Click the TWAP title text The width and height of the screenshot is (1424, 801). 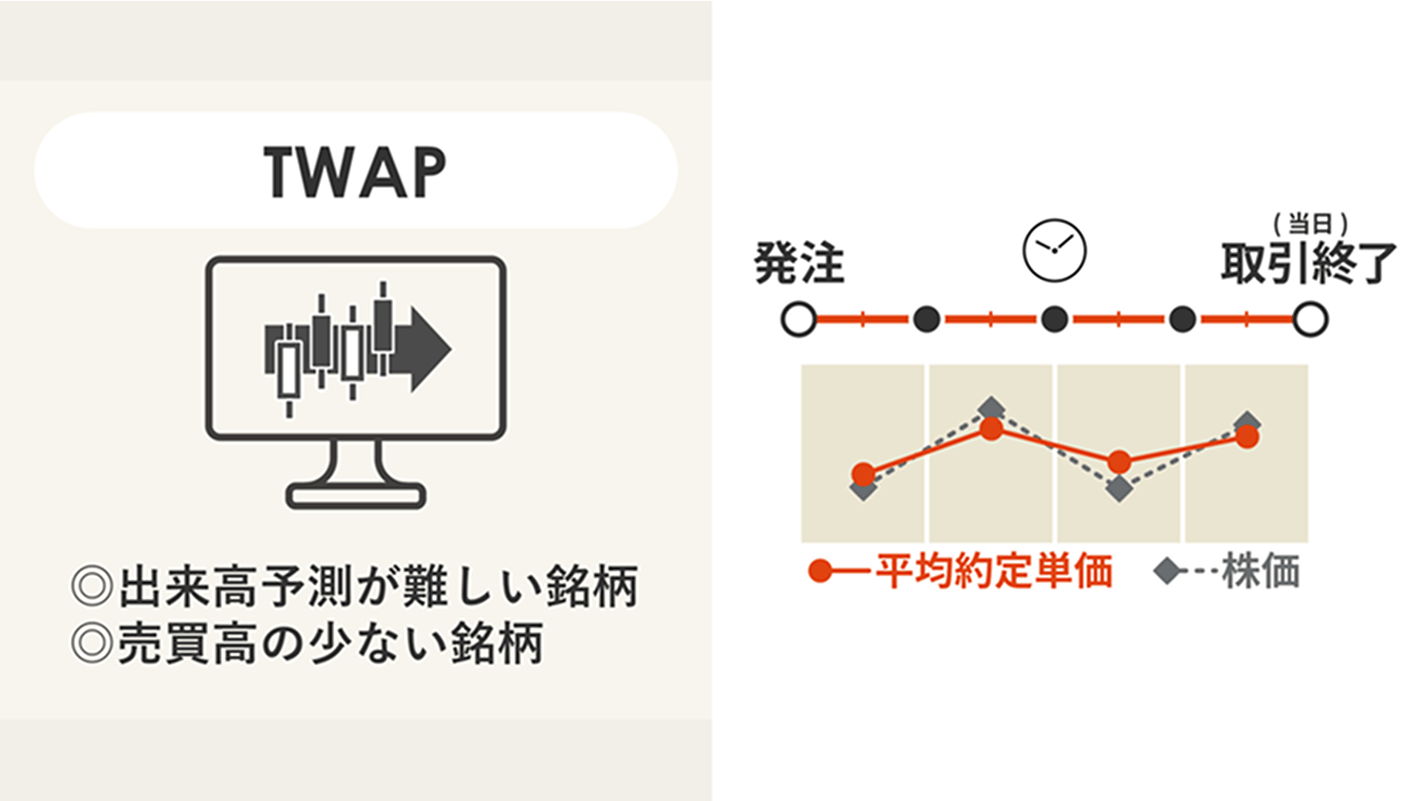(x=355, y=173)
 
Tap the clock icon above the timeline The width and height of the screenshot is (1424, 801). (x=1054, y=251)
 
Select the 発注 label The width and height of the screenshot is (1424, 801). (x=799, y=263)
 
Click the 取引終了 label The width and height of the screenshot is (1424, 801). (x=1307, y=263)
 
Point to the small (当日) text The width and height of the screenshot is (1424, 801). (x=1311, y=224)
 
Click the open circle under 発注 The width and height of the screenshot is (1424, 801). (x=799, y=319)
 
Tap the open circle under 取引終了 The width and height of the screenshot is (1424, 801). (x=1310, y=319)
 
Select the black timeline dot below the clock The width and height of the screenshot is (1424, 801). (x=1055, y=319)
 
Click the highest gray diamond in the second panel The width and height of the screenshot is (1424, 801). (x=992, y=408)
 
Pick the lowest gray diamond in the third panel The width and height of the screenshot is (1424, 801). (x=1119, y=488)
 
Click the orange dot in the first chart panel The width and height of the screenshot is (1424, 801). (x=863, y=474)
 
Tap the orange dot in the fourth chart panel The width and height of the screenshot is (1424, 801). (x=1247, y=437)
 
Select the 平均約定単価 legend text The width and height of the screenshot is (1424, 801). (x=994, y=571)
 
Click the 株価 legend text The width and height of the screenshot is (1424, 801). (x=1261, y=571)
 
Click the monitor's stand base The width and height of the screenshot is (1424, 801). (x=356, y=495)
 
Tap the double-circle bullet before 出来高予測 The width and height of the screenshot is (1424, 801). (x=92, y=587)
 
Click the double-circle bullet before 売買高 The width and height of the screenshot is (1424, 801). (x=92, y=643)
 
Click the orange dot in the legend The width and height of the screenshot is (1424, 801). (x=820, y=571)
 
